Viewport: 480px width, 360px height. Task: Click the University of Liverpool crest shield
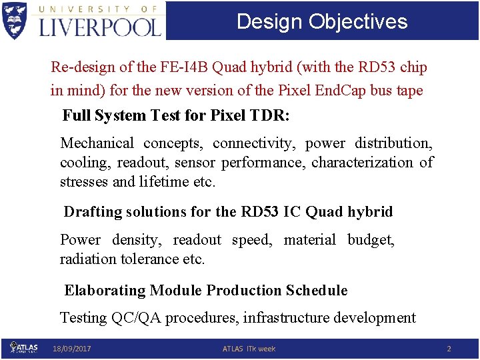pos(15,20)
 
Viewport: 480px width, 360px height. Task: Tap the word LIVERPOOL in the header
pos(100,27)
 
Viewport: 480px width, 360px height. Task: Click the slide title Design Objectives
pos(322,21)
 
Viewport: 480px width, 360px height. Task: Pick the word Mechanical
pos(97,143)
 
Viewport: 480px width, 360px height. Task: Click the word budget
pos(370,240)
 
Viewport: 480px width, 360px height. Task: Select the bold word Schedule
pos(317,291)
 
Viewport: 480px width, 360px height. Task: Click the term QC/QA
pos(135,318)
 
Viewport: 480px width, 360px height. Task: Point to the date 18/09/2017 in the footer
pos(72,349)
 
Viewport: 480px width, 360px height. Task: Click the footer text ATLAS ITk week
pos(249,349)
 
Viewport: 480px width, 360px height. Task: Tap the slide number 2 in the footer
pos(449,349)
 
